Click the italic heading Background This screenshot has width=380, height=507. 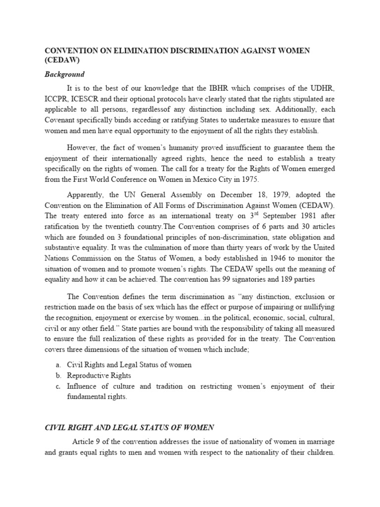click(65, 75)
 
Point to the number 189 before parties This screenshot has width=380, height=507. click(290, 280)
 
